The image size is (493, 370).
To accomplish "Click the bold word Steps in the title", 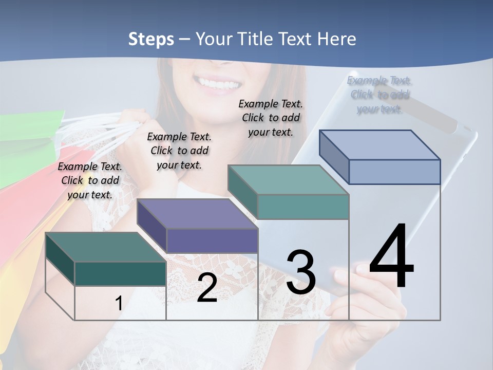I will [x=151, y=39].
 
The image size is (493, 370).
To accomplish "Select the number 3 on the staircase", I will [x=301, y=272].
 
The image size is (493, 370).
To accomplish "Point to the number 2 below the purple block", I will [x=207, y=288].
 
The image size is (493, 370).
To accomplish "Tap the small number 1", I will [x=119, y=303].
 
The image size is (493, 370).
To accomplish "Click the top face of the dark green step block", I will [x=105, y=247].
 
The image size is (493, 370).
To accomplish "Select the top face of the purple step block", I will [x=197, y=214].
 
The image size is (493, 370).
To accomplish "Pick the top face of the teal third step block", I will [x=288, y=180].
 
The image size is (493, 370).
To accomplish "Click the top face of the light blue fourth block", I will [x=380, y=145].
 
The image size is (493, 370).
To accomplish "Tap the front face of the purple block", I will [x=212, y=240].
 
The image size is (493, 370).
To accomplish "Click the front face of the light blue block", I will [x=394, y=172].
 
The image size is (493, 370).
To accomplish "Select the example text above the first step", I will [x=90, y=180].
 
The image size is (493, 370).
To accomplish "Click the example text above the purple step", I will [x=179, y=151].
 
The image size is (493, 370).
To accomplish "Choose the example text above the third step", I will [x=271, y=118].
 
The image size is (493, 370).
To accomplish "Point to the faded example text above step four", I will [x=380, y=95].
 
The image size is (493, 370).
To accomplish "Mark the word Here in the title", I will [x=337, y=39].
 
